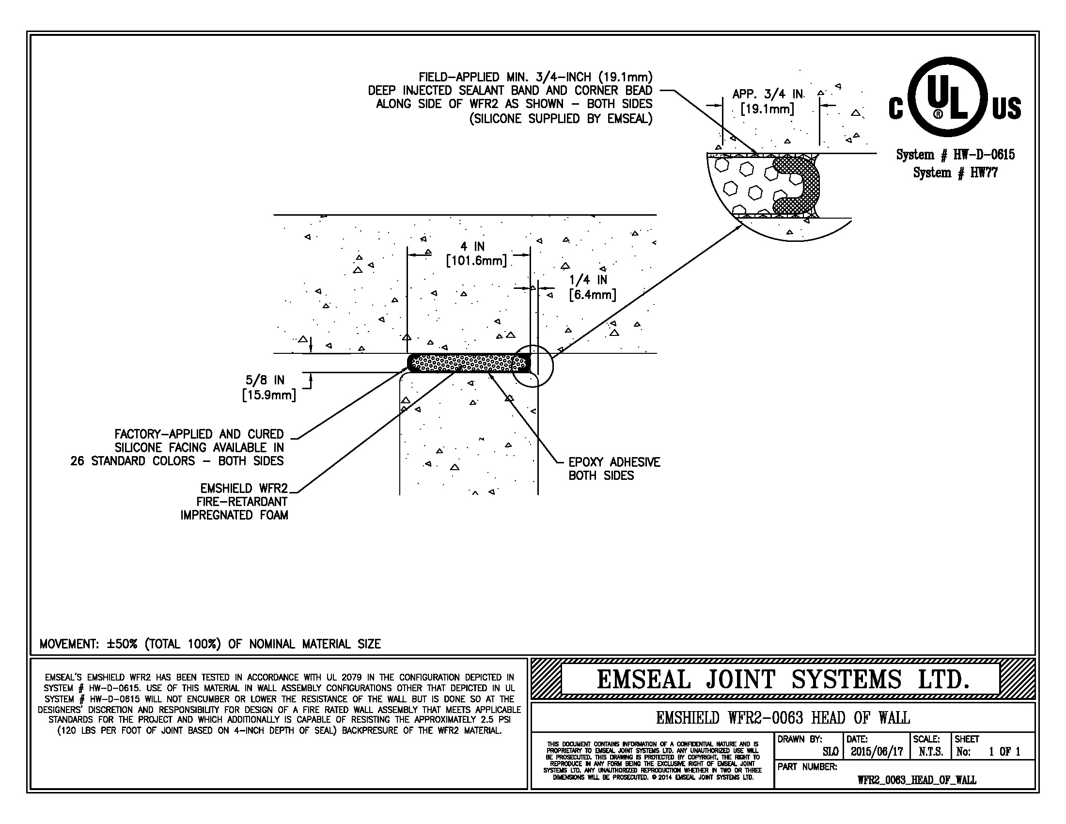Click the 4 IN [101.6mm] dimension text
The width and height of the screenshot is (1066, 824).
(476, 254)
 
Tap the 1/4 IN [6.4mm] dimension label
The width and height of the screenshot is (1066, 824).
(592, 287)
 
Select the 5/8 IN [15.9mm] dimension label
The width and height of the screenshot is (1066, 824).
(268, 388)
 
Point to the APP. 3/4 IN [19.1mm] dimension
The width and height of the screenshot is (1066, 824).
(768, 101)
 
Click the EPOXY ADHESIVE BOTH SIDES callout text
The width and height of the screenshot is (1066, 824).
(613, 469)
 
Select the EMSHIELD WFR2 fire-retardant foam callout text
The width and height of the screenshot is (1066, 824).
(235, 502)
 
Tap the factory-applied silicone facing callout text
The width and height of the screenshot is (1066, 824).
(177, 447)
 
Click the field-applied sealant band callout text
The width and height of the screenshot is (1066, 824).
(510, 97)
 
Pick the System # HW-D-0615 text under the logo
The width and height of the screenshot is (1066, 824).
(955, 155)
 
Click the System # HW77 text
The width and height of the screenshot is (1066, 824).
(955, 173)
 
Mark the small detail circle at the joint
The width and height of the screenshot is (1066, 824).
(533, 366)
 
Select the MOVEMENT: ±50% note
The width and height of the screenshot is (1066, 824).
(210, 644)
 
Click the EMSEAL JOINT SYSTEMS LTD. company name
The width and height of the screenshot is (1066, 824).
(783, 679)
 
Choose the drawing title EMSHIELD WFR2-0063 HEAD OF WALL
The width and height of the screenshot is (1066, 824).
(783, 718)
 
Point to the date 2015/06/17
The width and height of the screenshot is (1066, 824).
(877, 752)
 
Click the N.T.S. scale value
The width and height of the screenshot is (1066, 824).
(930, 752)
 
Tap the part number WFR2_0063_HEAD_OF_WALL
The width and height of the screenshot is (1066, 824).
(916, 780)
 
